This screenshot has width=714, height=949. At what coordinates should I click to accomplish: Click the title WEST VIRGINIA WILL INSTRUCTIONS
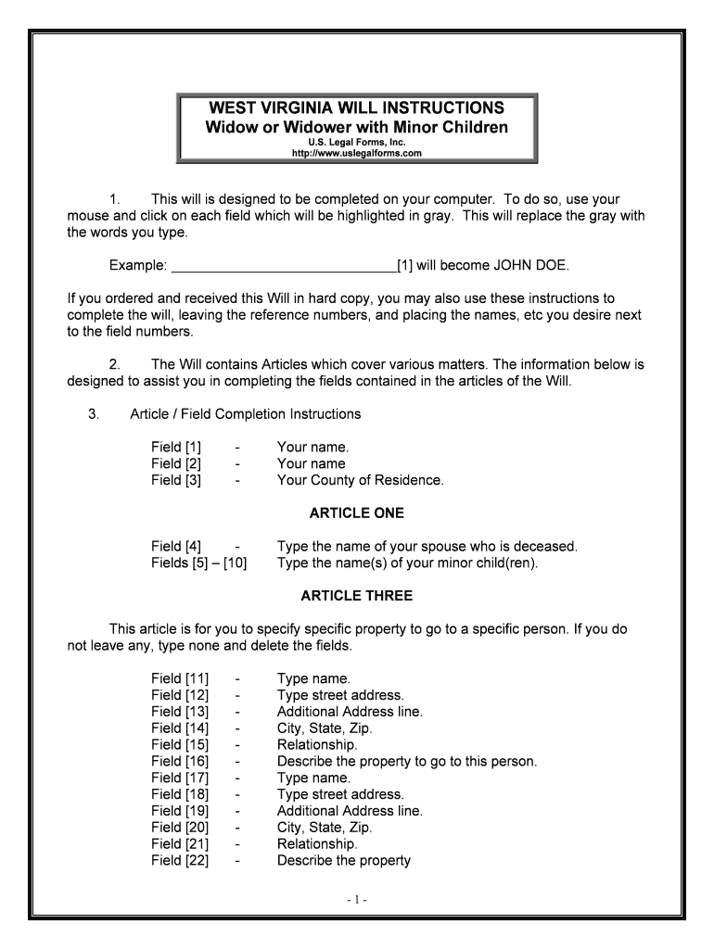tap(356, 108)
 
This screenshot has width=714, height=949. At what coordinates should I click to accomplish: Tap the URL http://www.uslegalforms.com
tap(356, 153)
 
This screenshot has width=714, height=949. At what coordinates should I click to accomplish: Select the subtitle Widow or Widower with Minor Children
tap(356, 127)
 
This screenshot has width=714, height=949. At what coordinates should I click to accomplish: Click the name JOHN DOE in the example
tap(530, 266)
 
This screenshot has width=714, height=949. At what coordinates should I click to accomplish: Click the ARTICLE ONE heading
tap(356, 512)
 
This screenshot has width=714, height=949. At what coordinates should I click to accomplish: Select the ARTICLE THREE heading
tap(356, 595)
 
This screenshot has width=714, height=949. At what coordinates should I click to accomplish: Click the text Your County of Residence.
tap(360, 480)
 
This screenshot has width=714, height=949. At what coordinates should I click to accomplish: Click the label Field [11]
tap(180, 678)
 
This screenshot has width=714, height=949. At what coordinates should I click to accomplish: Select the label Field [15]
tap(180, 744)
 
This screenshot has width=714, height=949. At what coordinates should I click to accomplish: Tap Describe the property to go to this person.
tap(406, 761)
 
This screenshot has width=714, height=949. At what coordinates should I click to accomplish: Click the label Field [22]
tap(180, 860)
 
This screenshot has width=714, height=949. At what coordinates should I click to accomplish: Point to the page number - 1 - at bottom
tap(357, 899)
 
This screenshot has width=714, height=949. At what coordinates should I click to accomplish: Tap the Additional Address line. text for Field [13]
tap(350, 712)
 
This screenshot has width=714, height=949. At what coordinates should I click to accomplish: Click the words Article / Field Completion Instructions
tap(245, 413)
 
